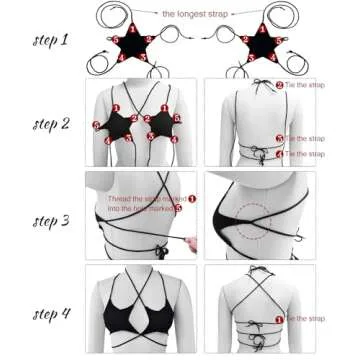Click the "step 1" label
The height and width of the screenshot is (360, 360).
50,43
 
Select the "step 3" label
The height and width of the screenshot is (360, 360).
50,219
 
